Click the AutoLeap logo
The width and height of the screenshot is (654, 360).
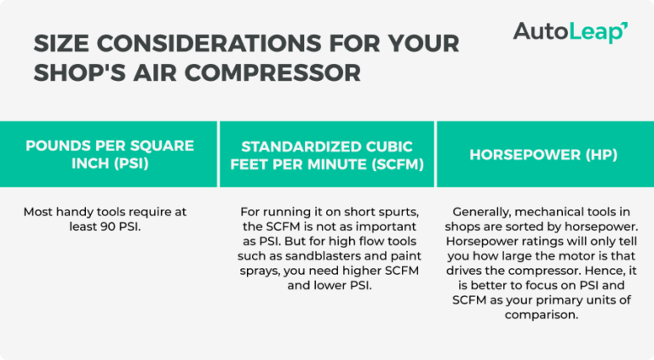tap(570, 32)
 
